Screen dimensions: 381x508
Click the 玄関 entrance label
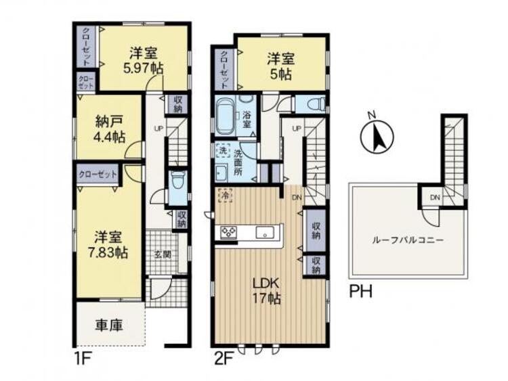tap(161, 254)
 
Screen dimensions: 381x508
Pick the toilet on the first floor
tap(177, 181)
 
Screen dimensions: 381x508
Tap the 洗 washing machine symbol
tap(222, 150)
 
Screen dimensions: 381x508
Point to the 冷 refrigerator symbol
tap(224, 195)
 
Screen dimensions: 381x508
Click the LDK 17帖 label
tap(268, 290)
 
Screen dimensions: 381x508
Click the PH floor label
tap(360, 293)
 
